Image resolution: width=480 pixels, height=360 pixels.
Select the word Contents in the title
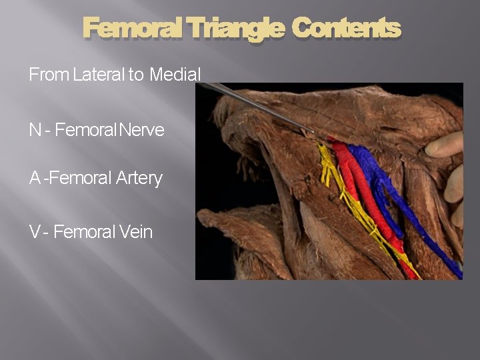346,29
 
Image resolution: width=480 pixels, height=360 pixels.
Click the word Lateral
99,75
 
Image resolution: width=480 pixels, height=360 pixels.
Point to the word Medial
175,75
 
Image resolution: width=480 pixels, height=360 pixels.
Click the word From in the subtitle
49,75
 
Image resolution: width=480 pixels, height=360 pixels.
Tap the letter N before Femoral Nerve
35,130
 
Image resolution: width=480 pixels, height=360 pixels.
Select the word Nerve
141,130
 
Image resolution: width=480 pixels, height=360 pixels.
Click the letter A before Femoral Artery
35,179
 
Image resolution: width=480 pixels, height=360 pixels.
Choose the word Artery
139,179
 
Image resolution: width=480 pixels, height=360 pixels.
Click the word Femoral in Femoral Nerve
85,130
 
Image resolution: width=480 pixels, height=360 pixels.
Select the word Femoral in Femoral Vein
83,232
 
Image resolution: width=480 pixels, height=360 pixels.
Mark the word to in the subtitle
136,75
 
